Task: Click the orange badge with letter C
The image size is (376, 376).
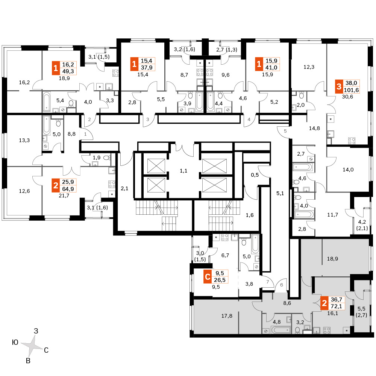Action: click(x=208, y=276)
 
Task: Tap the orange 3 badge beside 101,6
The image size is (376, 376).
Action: click(x=339, y=86)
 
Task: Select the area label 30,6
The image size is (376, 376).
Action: click(x=347, y=97)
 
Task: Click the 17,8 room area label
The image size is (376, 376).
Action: click(x=227, y=316)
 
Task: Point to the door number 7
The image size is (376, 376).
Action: click(x=268, y=282)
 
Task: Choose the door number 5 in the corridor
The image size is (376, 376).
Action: click(x=285, y=131)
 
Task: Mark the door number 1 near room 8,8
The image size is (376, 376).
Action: click(x=85, y=134)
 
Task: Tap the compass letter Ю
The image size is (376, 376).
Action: click(x=15, y=342)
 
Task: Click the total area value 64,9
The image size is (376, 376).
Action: click(x=68, y=189)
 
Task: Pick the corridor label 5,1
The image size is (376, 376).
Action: click(x=280, y=193)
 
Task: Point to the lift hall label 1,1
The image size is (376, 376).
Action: click(x=183, y=171)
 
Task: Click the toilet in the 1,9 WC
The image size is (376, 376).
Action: click(x=107, y=158)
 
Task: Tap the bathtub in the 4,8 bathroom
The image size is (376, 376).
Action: click(x=280, y=330)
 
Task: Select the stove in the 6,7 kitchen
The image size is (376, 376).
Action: click(x=225, y=237)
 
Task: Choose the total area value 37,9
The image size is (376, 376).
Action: click(x=147, y=68)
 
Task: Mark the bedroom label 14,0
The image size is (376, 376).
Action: click(x=348, y=170)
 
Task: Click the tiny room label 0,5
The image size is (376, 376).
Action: click(x=255, y=175)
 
